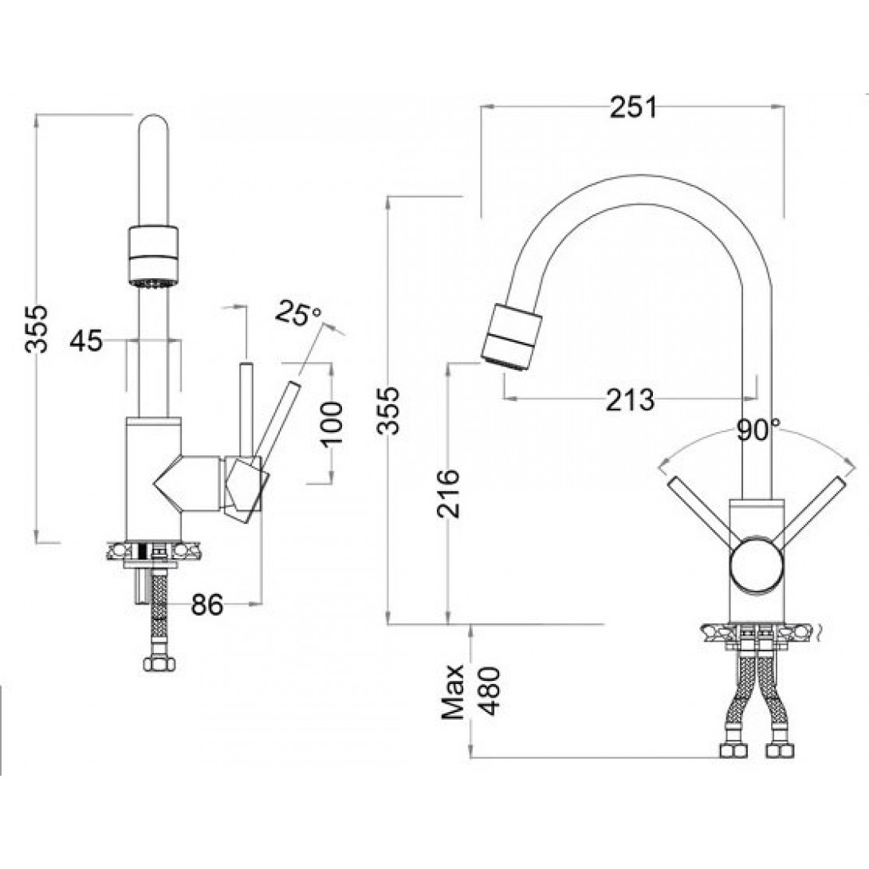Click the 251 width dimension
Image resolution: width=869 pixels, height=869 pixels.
pos(633,108)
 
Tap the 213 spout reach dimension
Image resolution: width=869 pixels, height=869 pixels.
pos(630,399)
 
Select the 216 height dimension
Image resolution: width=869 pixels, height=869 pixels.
pos(448,493)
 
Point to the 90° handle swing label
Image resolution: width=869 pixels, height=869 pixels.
pos(758,430)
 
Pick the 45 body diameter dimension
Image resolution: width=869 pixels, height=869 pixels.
pos(86,340)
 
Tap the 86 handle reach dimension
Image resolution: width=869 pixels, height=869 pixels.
pos(207,604)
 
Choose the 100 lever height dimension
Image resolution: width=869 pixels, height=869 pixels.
pos(332,423)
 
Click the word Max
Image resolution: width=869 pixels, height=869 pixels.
pos(453,692)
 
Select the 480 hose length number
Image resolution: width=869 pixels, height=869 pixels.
pos(490,691)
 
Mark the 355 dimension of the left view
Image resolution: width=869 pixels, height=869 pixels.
pos(37,328)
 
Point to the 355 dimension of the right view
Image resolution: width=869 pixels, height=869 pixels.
pos(388,410)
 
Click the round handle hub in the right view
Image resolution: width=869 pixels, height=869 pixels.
pos(757,564)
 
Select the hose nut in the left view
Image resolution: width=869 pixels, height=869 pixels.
pos(159,663)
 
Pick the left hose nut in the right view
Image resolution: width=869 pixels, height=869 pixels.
pos(735,750)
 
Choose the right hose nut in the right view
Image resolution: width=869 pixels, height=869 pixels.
pos(781,750)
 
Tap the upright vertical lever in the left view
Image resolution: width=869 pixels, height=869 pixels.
pos(246,410)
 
